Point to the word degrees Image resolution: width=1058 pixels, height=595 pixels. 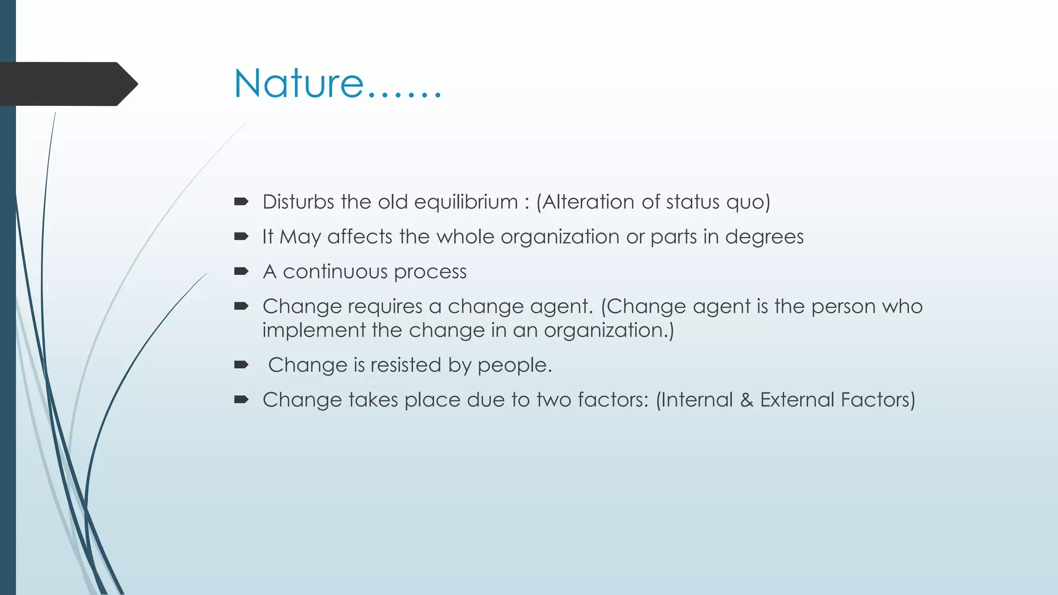coord(764,237)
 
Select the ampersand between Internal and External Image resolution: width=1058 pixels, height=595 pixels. coord(746,400)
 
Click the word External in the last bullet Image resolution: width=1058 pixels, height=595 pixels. coord(797,400)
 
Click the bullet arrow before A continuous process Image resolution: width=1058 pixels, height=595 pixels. coord(241,271)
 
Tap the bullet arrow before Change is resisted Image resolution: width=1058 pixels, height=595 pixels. coord(241,365)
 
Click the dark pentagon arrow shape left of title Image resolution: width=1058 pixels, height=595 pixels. coord(67,84)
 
